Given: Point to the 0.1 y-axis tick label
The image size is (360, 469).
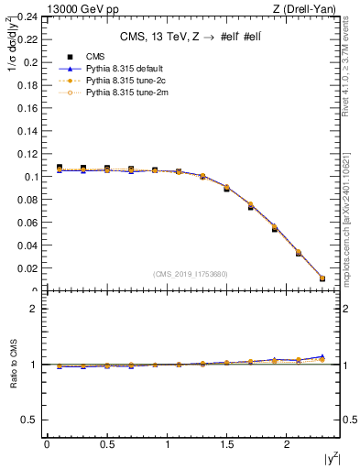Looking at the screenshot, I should [x=30, y=177].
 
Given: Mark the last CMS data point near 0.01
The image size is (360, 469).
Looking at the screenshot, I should [x=322, y=278].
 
